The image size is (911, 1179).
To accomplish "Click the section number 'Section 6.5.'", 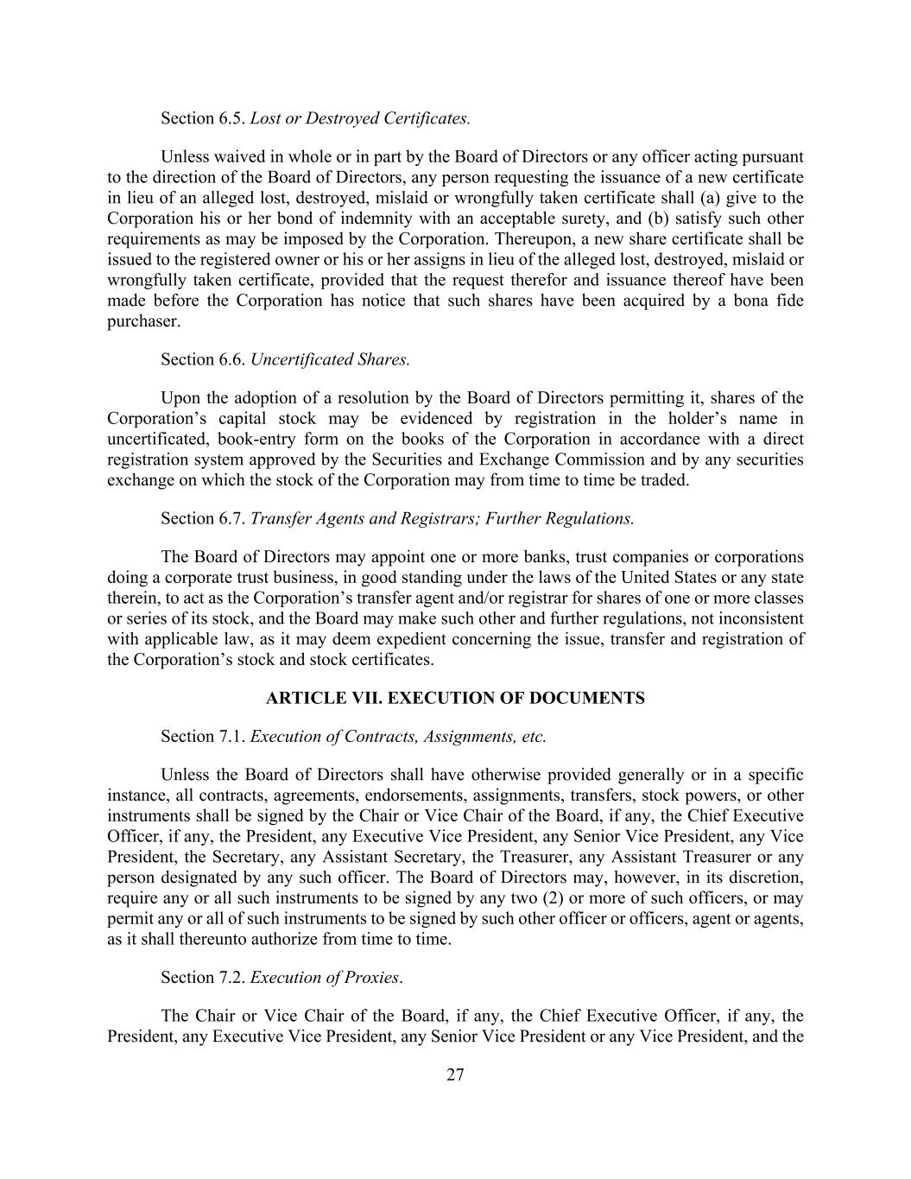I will point(203,117).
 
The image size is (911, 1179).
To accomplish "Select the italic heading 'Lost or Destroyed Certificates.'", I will point(360,117).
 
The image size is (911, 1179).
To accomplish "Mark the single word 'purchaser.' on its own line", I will point(144,321).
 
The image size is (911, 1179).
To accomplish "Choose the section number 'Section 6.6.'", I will point(203,359).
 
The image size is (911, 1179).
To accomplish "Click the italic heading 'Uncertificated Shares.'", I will point(330,359).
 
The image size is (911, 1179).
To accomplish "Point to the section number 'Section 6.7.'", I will point(203,518).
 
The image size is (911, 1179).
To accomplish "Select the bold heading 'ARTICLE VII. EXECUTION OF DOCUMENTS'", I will point(455,698).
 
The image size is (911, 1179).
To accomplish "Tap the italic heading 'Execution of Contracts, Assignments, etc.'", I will point(398,737).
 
